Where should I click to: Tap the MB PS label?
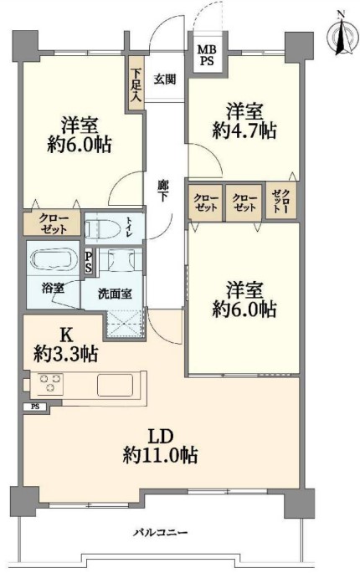(207, 55)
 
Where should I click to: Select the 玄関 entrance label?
(165, 79)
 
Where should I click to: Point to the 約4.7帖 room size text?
(244, 130)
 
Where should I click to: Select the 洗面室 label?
(115, 294)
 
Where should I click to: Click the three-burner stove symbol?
(50, 383)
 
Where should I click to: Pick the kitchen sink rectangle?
(114, 385)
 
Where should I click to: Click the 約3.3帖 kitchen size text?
(66, 353)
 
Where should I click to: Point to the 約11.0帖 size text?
(160, 455)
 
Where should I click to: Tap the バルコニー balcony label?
(160, 532)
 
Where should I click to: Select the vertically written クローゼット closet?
(281, 202)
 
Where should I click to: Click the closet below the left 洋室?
(52, 223)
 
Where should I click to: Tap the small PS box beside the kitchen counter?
(35, 407)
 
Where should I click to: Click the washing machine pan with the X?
(125, 324)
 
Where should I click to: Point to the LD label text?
(160, 437)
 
